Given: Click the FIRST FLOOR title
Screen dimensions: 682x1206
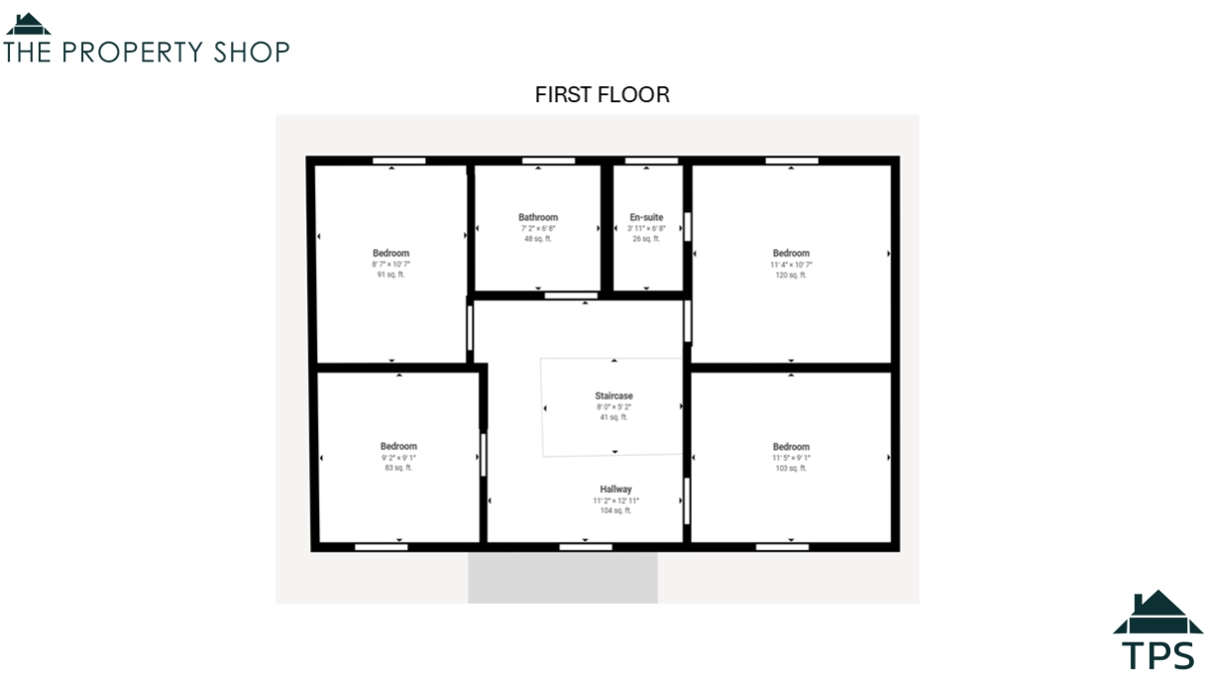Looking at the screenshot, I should point(603,95).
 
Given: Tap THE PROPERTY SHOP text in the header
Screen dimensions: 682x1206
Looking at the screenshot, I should point(147,52).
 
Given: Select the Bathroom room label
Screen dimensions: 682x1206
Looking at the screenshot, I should point(538,217).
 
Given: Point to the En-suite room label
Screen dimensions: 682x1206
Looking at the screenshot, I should point(646,217).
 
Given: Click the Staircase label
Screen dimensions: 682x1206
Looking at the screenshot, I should point(613,396).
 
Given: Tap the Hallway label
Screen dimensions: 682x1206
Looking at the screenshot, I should point(615,490).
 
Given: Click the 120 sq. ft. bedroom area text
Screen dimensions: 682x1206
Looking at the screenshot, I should point(791,276).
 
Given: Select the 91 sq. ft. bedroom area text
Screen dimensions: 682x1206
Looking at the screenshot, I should point(390,276).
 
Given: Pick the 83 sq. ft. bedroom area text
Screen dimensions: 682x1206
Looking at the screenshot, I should point(398,468).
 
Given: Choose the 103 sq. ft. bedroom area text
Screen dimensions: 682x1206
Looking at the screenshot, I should point(791,468).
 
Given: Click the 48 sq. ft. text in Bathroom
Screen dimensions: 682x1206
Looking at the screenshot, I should point(538,239).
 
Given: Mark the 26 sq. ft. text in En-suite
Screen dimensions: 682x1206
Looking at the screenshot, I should point(646,239).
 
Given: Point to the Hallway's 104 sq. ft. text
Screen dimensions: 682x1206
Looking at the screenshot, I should point(615,511).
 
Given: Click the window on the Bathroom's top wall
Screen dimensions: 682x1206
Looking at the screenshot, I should point(548,161).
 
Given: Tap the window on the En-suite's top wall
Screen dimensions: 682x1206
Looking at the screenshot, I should point(651,161).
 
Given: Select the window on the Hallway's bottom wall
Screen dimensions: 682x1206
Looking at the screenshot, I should point(585,546).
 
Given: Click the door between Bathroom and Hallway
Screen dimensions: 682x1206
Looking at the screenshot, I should point(571,295).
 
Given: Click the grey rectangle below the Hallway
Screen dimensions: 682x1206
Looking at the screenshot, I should point(563,578).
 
